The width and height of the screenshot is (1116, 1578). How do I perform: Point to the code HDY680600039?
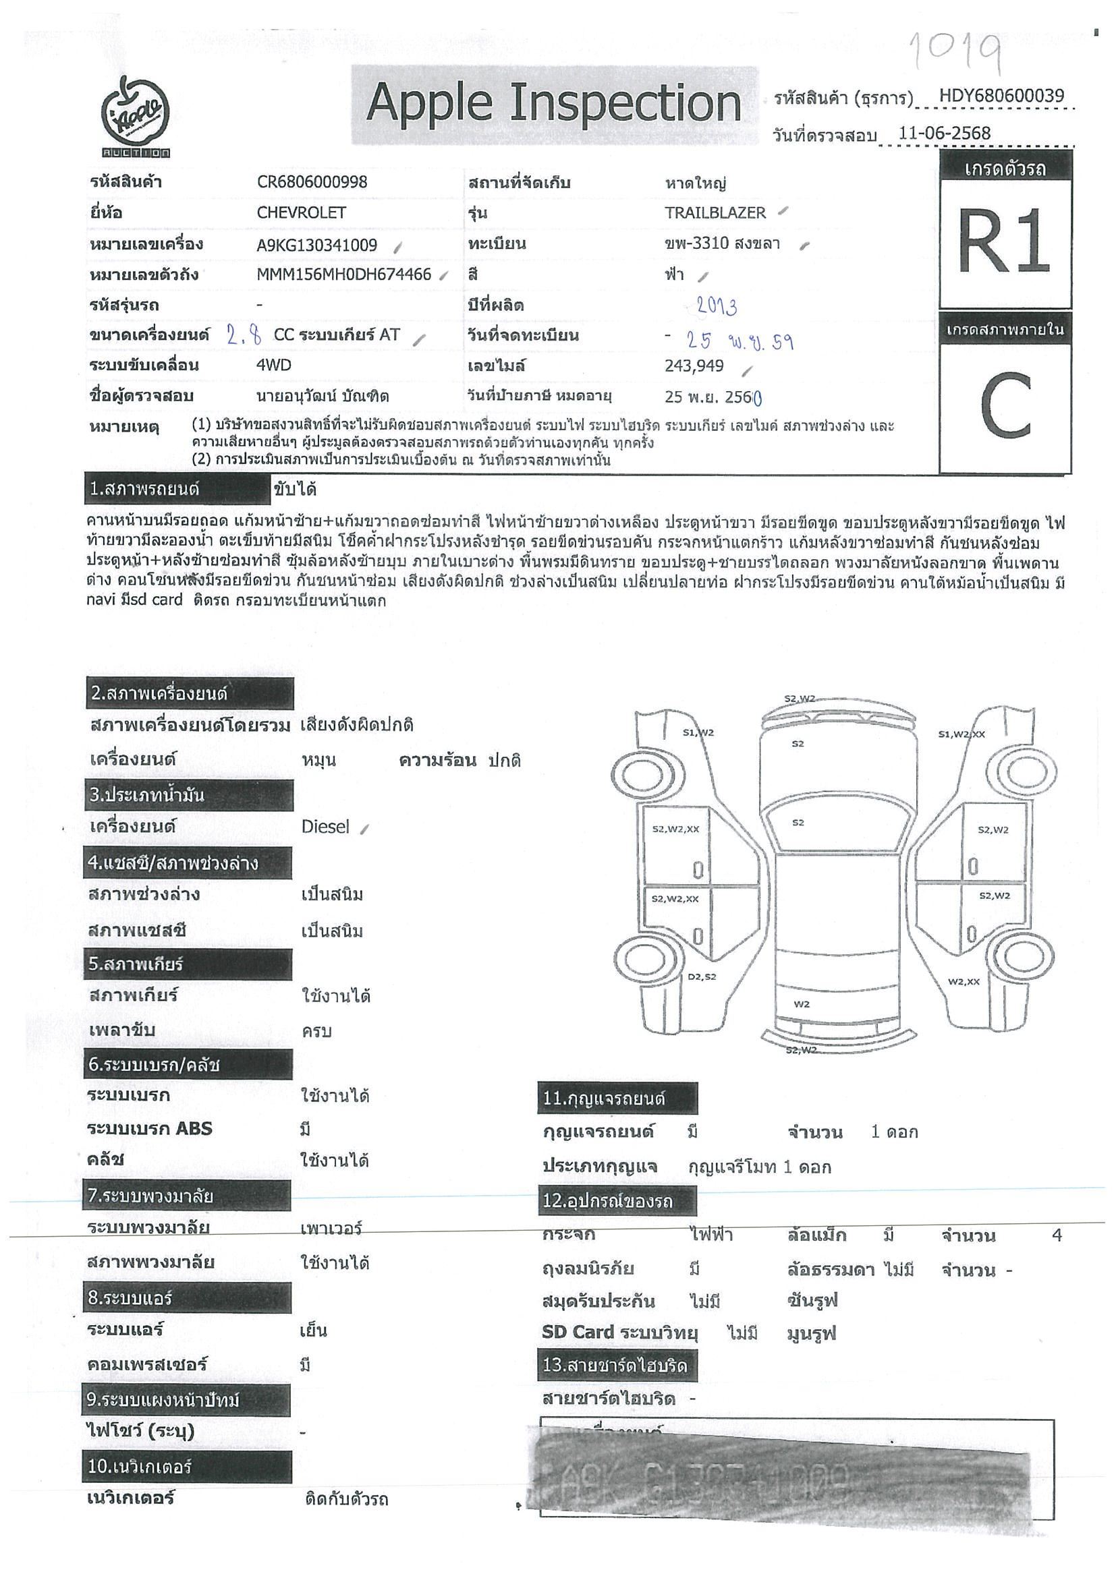(1001, 96)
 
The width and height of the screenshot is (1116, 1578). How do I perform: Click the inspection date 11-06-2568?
(944, 134)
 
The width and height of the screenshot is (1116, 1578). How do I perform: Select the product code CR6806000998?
(312, 182)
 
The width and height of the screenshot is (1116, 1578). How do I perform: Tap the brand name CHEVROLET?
(301, 213)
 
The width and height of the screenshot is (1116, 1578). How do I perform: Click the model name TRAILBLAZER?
(715, 213)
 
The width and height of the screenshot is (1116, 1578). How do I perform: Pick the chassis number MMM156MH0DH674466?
(344, 275)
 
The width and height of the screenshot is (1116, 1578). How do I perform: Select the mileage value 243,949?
(694, 366)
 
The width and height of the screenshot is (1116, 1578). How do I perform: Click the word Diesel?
(325, 827)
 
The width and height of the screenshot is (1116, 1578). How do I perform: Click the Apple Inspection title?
(553, 103)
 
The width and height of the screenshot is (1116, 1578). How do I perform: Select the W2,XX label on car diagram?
(964, 981)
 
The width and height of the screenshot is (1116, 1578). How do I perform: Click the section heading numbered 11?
(617, 1098)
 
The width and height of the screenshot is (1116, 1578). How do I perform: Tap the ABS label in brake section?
(193, 1128)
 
